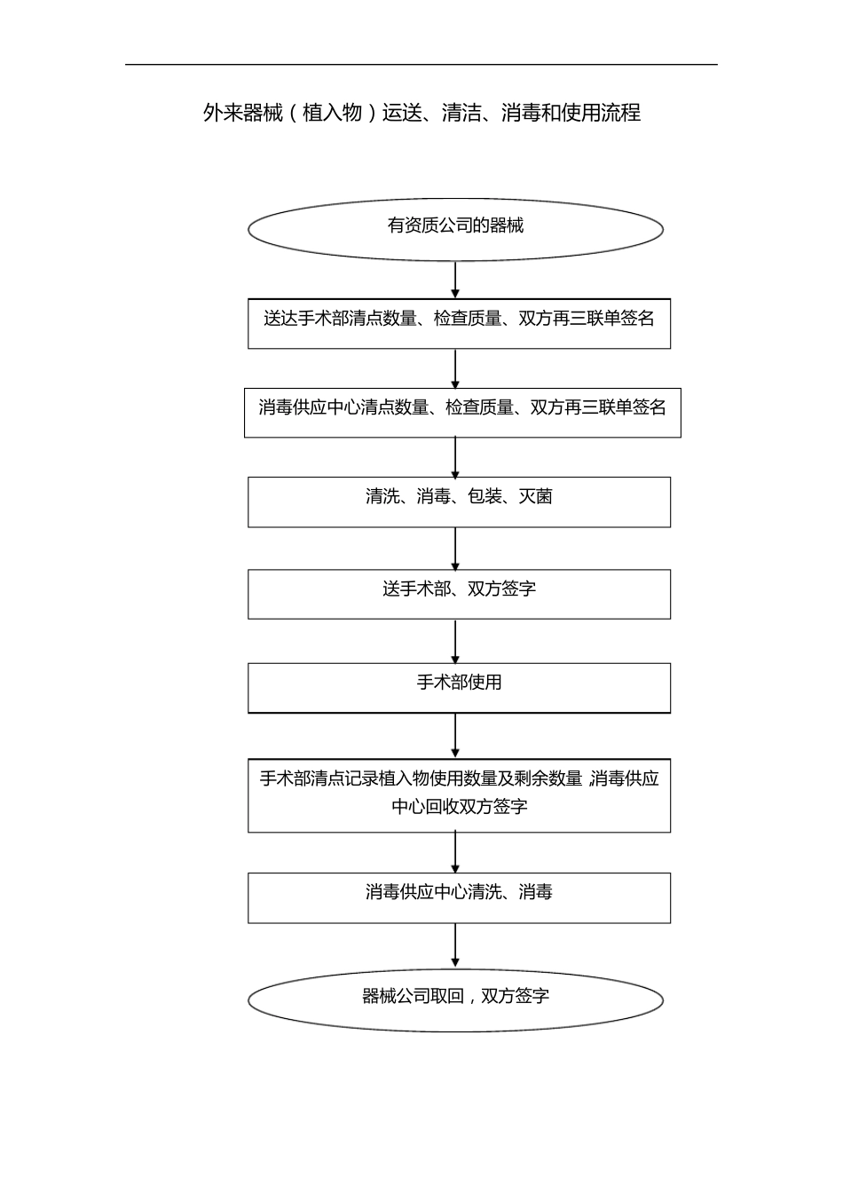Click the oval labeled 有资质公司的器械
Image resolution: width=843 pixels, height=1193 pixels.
pos(455,229)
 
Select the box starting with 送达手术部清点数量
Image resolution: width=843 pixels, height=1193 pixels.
pos(459,323)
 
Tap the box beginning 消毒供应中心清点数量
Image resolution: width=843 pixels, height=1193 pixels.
pos(462,412)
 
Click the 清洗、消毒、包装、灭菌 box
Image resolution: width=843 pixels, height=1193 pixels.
pos(459,502)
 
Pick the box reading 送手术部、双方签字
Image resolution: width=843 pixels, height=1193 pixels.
pos(459,593)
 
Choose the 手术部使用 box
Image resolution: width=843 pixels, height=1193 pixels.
pos(459,687)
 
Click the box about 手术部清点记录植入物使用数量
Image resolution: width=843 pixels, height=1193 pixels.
pos(459,794)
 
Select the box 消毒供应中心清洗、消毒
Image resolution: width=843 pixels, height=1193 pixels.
pos(459,897)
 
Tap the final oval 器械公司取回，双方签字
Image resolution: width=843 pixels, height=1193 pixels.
pos(455,999)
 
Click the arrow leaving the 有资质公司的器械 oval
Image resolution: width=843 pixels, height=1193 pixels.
pos(455,280)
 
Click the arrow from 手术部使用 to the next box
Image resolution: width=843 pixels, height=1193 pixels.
pos(455,735)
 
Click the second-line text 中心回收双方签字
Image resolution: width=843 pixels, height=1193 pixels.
pos(459,807)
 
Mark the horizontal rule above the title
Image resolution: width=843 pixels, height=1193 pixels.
pos(421,64)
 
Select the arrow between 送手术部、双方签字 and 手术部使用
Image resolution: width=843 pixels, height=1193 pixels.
pos(455,641)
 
